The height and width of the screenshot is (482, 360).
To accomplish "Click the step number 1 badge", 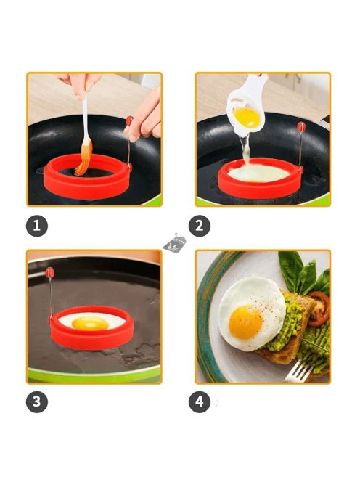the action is click(37, 226).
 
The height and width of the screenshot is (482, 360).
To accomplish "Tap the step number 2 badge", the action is click(200, 226).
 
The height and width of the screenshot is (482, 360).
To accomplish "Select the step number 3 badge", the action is click(37, 401).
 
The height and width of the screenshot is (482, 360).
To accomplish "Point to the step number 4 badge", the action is click(200, 401).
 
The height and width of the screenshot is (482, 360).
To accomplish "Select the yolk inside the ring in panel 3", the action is click(90, 323).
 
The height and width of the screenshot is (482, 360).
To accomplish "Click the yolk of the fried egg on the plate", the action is click(245, 322).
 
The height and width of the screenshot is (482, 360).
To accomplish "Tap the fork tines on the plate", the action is click(297, 370).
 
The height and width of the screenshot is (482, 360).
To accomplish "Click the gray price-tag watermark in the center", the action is click(175, 243).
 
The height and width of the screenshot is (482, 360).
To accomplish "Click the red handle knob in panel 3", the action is click(49, 272).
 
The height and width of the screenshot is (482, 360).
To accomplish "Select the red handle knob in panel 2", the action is click(301, 126).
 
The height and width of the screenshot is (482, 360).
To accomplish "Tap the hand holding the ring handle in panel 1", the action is click(145, 118).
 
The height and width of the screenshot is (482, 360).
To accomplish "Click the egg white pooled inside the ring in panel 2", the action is click(259, 173).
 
